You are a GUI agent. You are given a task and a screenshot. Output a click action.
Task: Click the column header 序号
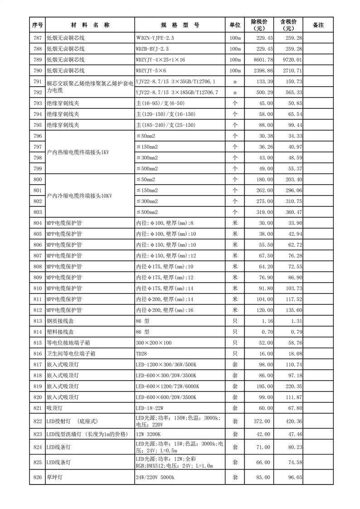tap(37, 25)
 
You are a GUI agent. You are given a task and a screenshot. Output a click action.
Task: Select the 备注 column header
tap(318, 25)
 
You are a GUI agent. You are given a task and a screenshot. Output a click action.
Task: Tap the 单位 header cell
tap(234, 25)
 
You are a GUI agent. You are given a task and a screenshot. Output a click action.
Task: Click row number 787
tap(37, 38)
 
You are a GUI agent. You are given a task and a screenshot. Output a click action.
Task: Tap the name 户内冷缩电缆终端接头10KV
tap(79, 196)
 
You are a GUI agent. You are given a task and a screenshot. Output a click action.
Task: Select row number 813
tap(37, 321)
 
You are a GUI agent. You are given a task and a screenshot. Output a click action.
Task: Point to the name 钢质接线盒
tap(59, 321)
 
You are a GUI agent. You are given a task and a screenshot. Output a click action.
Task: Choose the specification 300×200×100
tap(154, 343)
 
